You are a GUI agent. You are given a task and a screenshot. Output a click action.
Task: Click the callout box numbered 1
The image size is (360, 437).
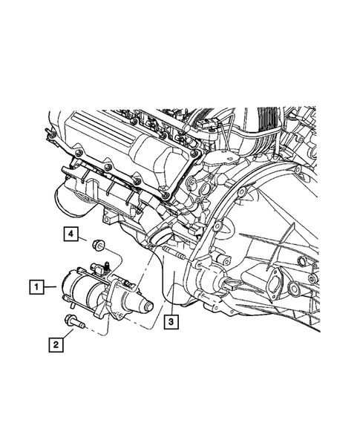(36, 287)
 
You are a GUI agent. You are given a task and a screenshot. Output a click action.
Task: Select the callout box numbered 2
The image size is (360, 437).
(56, 345)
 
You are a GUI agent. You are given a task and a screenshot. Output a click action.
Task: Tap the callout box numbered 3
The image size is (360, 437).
(171, 322)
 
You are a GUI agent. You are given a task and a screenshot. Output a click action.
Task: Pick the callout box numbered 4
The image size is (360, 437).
(71, 234)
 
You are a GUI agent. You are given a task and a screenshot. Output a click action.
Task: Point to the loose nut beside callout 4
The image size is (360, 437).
(98, 246)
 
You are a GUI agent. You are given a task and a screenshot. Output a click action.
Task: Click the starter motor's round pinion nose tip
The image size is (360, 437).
(148, 306)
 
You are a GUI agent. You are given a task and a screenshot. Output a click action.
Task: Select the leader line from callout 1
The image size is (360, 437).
(50, 287)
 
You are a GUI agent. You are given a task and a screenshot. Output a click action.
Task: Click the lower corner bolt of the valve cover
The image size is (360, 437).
(166, 196)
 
